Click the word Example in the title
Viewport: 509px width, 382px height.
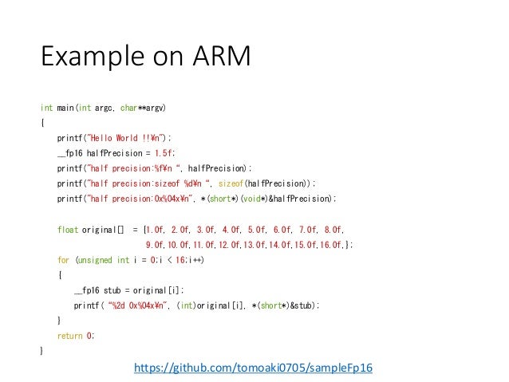coord(84,58)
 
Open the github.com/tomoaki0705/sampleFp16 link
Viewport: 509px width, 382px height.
coord(254,368)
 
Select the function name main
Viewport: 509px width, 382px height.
coord(64,107)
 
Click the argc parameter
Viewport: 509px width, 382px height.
coord(105,107)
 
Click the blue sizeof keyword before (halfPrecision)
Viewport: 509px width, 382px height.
coord(231,183)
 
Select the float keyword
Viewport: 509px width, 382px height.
coord(68,229)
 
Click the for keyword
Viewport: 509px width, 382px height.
coord(63,260)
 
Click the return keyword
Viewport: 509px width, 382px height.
coord(70,336)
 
